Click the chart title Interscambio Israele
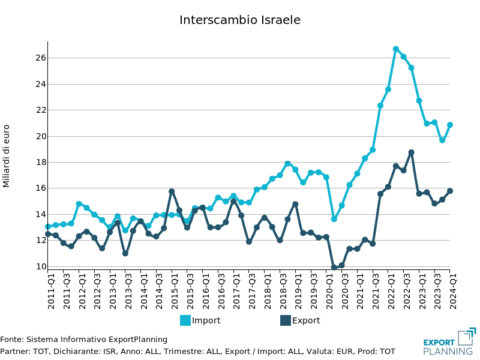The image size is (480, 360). click(240, 20)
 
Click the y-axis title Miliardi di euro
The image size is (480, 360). click(7, 156)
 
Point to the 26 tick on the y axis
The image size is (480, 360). click(41, 58)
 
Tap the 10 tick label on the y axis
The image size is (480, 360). click(41, 266)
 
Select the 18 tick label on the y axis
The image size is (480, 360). click(41, 162)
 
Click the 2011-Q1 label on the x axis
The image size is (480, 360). click(52, 291)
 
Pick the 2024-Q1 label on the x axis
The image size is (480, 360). click(454, 291)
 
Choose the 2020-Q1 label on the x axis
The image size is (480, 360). click(330, 291)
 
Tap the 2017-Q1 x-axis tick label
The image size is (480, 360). click(238, 291)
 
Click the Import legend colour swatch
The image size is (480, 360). click(185, 320)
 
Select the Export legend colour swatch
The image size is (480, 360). click(286, 320)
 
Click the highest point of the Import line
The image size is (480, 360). click(396, 49)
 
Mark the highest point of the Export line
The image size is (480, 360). click(412, 152)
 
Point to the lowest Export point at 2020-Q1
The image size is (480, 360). click(334, 268)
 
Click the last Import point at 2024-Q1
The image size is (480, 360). click(450, 125)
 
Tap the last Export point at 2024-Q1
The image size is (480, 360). click(450, 191)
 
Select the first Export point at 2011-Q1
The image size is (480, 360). click(48, 234)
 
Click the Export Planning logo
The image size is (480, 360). click(449, 342)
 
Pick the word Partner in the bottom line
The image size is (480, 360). click(14, 352)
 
